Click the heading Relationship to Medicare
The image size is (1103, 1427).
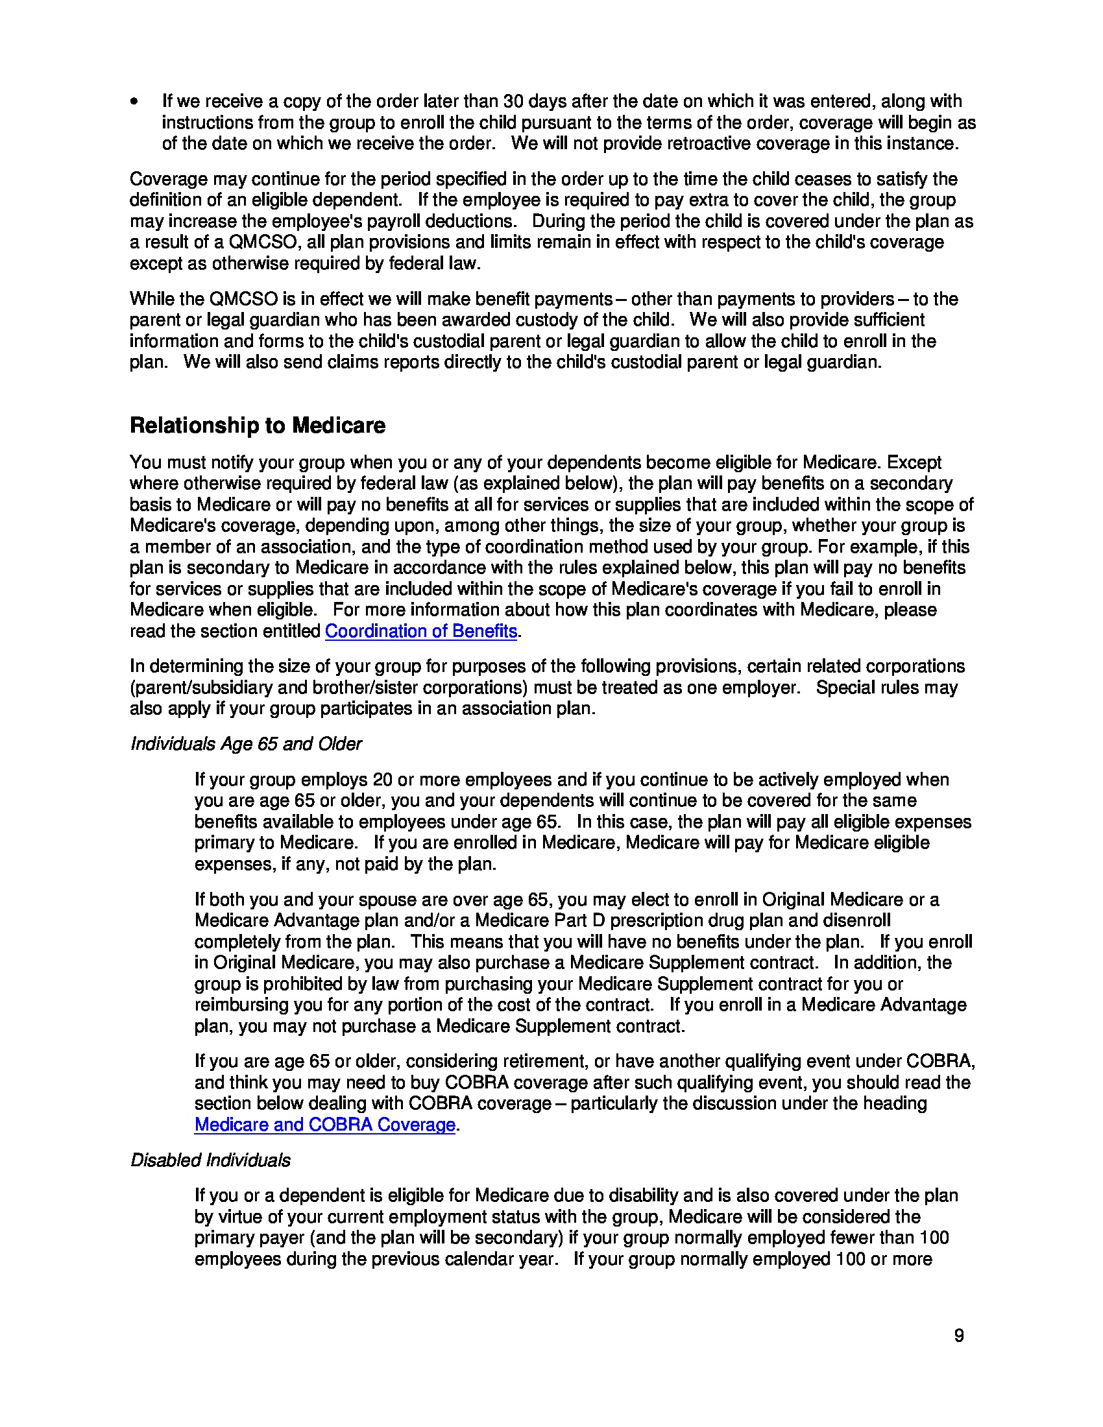pyautogui.click(x=258, y=426)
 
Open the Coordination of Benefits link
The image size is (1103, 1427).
pyautogui.click(x=421, y=631)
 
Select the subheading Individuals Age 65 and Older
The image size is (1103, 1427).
pyautogui.click(x=246, y=744)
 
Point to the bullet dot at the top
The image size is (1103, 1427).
pyautogui.click(x=134, y=102)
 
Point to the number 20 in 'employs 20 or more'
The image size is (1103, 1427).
pyautogui.click(x=382, y=780)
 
